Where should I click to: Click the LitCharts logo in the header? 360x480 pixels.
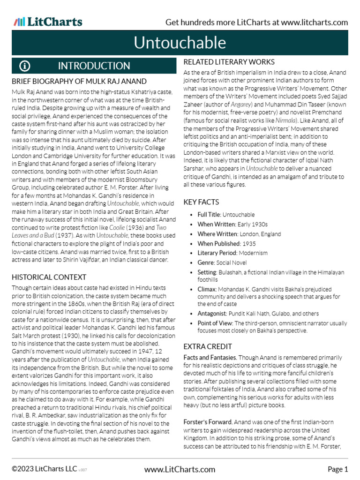48,22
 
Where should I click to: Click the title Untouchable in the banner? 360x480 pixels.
180,43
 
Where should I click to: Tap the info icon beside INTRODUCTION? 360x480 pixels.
25,66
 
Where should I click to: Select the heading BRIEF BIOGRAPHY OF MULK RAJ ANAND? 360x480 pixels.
79,82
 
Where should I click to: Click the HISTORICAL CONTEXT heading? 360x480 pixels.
49,277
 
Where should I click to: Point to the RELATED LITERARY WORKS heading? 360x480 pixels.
229,62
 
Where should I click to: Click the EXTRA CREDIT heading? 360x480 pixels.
207,347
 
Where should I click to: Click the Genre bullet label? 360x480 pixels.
200,262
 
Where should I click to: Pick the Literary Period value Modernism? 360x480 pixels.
252,253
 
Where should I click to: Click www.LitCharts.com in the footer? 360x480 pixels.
180,469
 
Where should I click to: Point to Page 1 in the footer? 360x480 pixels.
337,469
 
